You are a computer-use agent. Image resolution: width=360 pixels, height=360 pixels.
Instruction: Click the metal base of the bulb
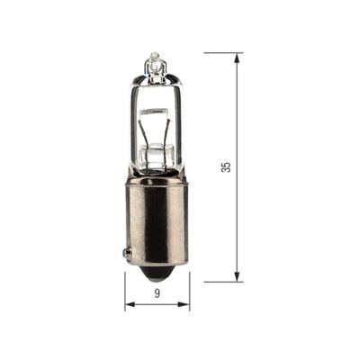[x=157, y=220]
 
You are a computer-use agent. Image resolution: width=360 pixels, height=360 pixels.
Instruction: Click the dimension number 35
[x=226, y=167]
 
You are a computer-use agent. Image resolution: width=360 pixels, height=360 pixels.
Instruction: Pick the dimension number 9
[x=157, y=293]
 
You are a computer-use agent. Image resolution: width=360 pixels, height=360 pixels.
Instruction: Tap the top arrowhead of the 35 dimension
[x=238, y=58]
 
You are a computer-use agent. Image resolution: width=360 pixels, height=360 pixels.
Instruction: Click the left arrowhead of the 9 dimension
[x=129, y=304]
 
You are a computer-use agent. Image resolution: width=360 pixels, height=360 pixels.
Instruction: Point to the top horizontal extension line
[x=220, y=53]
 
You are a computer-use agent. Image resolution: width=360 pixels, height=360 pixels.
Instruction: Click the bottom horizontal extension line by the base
[x=220, y=281]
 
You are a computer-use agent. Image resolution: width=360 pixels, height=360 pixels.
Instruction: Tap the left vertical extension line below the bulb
[x=124, y=290]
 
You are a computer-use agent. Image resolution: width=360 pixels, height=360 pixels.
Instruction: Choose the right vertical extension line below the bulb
[x=189, y=290]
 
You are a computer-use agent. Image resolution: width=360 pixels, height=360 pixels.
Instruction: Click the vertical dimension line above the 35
[x=238, y=108]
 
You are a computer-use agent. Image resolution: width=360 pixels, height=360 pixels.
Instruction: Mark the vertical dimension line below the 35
[x=238, y=225]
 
